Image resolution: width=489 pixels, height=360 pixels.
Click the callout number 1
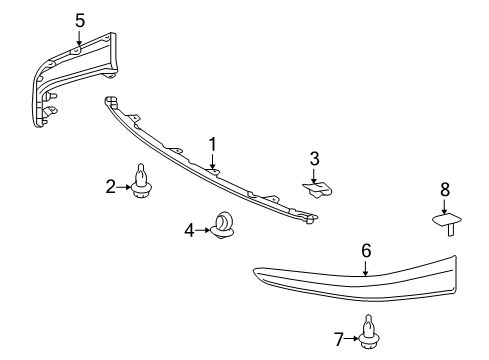[212, 144]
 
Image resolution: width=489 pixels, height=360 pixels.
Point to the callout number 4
[188, 229]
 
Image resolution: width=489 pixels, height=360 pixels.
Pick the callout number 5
[80, 18]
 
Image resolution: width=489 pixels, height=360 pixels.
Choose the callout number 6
[366, 251]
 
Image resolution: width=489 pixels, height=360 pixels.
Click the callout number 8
[445, 189]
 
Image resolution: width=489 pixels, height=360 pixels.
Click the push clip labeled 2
[142, 183]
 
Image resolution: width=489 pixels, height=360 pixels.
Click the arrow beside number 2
[125, 185]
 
